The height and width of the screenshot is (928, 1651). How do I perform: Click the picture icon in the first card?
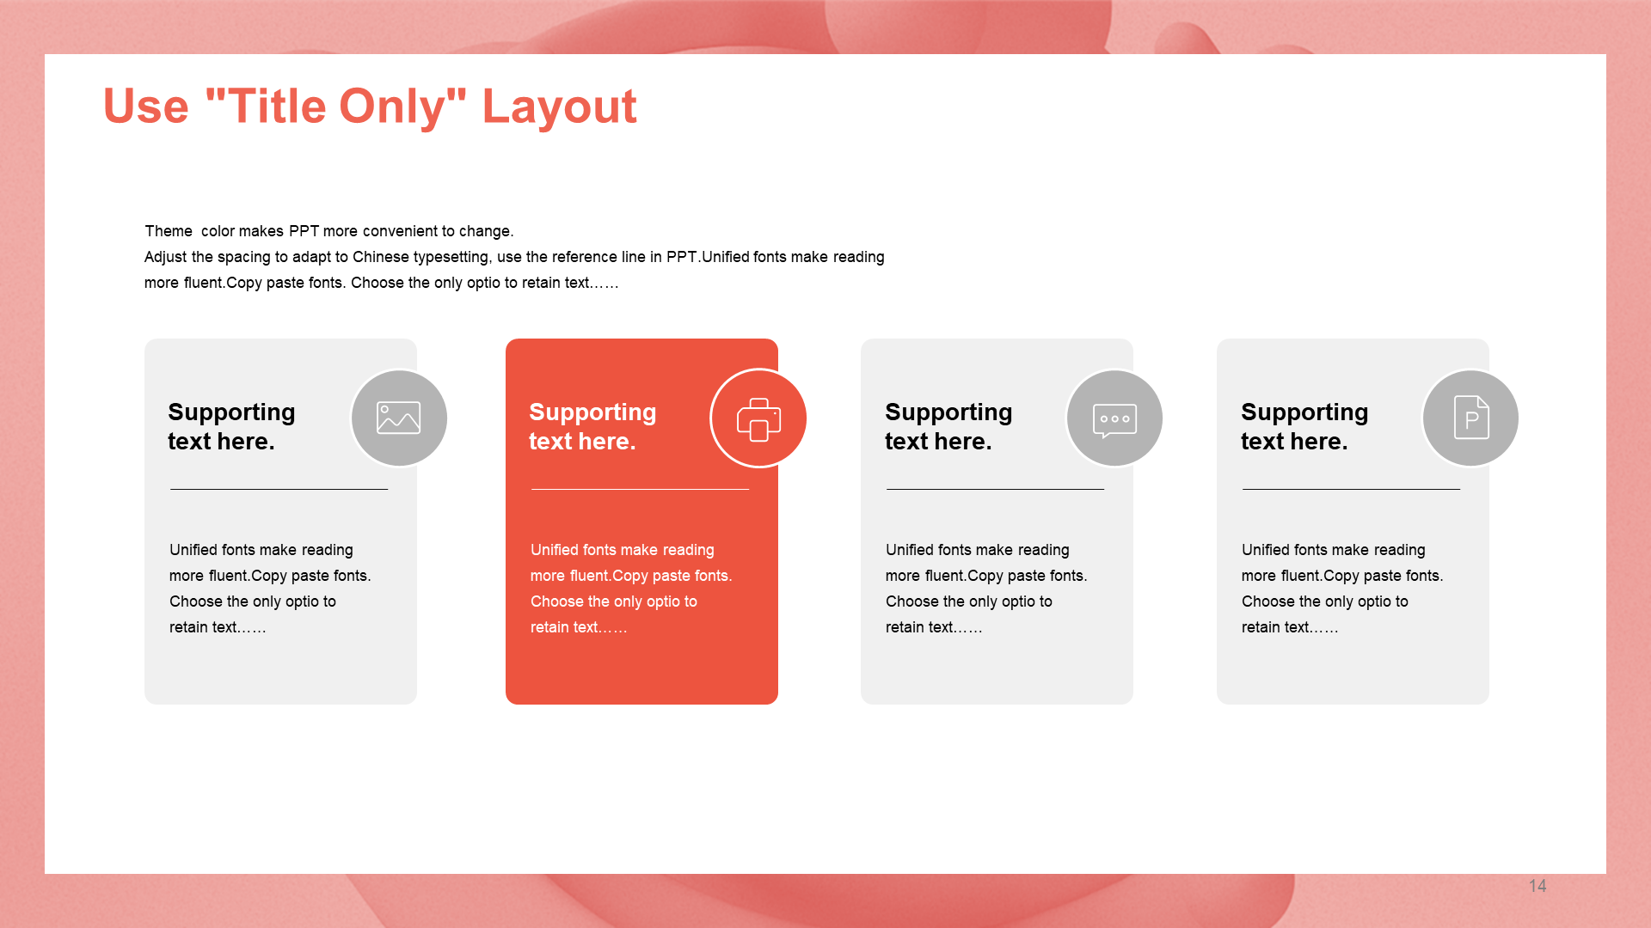click(x=399, y=418)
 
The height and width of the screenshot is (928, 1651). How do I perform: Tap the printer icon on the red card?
click(x=758, y=419)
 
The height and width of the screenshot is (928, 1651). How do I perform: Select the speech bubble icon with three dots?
click(x=1114, y=420)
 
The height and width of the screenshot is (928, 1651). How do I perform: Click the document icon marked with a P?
click(x=1471, y=418)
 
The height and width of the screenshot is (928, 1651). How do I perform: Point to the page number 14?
click(x=1537, y=886)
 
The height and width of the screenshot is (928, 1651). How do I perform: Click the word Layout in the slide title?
click(x=559, y=107)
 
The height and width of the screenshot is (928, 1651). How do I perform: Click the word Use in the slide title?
click(x=146, y=107)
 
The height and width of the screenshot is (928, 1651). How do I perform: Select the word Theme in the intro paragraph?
click(x=169, y=231)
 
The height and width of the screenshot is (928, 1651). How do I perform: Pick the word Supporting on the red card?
click(x=592, y=412)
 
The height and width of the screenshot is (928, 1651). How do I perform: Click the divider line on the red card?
click(x=640, y=489)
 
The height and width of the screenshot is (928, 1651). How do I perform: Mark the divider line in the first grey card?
click(x=279, y=489)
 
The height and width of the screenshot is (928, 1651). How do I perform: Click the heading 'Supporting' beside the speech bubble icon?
click(x=948, y=412)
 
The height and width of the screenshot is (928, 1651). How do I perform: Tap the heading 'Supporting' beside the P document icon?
click(x=1304, y=412)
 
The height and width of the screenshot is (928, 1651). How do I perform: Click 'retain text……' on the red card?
click(x=579, y=627)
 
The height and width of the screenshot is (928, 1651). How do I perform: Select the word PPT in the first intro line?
click(x=304, y=231)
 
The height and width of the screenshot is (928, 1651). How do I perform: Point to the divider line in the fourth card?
click(x=1351, y=489)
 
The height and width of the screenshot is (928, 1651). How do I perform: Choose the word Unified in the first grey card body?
click(x=193, y=550)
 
